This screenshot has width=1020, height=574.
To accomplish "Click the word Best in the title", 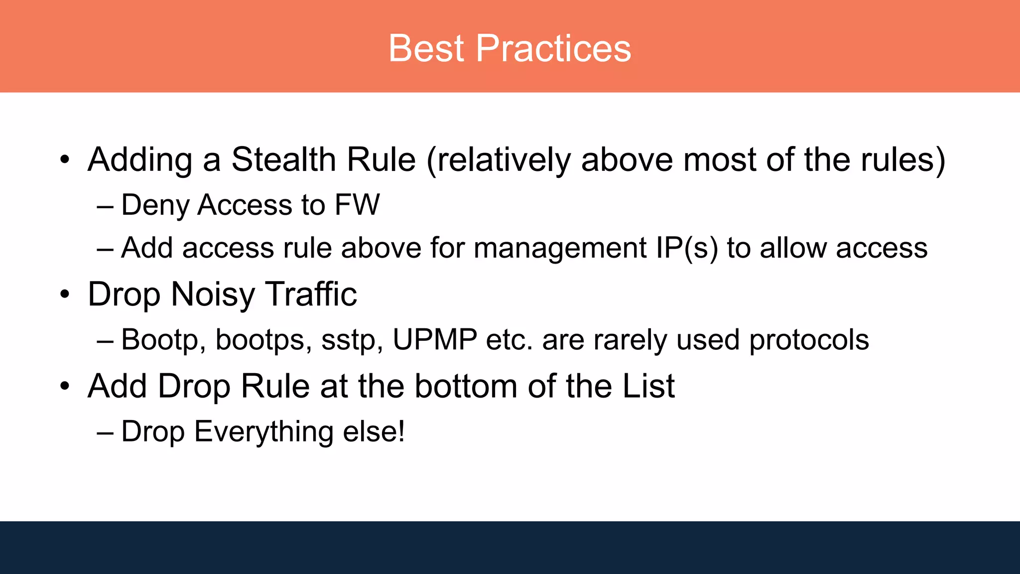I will coord(426,48).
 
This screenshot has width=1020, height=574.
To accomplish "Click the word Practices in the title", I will coord(553,48).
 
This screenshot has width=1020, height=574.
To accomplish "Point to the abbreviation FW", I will coord(357,205).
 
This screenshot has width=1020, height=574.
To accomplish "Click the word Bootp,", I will coord(163,340).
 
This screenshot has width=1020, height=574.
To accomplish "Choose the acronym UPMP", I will coord(435,340).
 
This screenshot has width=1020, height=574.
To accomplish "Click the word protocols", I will coord(809,340).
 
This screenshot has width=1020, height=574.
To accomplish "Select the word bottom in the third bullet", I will coord(466,386).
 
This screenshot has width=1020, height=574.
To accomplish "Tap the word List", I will coord(648,386).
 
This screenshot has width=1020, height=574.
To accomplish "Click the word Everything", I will coord(263,431).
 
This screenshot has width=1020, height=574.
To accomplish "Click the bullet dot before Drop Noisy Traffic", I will coord(65,294).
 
